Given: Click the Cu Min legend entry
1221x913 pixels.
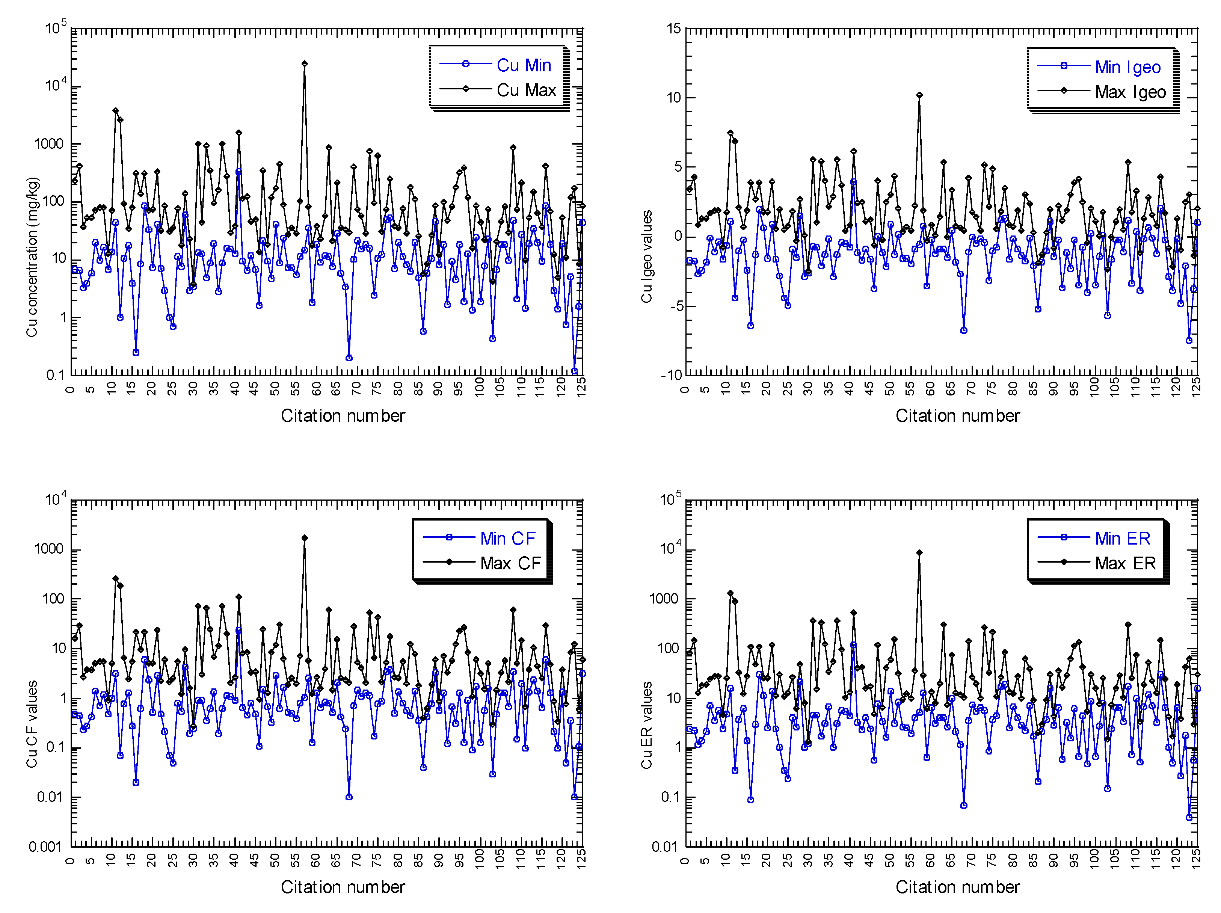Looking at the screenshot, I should pos(523,65).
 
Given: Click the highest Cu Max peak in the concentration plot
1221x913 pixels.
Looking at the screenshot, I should pos(304,63).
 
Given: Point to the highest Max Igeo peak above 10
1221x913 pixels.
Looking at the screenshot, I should pos(919,95).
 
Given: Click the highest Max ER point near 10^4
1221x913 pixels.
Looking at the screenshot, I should pos(919,552).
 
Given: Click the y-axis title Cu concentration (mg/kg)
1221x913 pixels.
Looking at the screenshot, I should pos(32,257).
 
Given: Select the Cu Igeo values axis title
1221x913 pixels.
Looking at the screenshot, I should pos(646,256).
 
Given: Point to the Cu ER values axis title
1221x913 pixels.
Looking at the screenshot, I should pos(646,724).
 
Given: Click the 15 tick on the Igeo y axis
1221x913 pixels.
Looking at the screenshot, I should pos(673,28).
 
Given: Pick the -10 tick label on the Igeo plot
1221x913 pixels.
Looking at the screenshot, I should pos(671,375).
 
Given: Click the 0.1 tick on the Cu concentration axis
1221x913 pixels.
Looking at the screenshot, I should pos(55,375).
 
